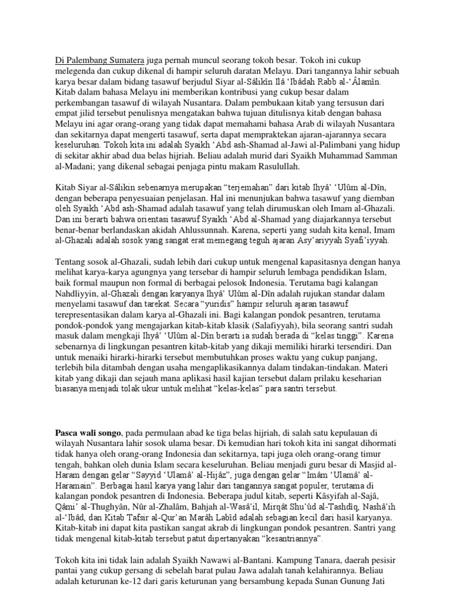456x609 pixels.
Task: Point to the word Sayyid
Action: [156, 477]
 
